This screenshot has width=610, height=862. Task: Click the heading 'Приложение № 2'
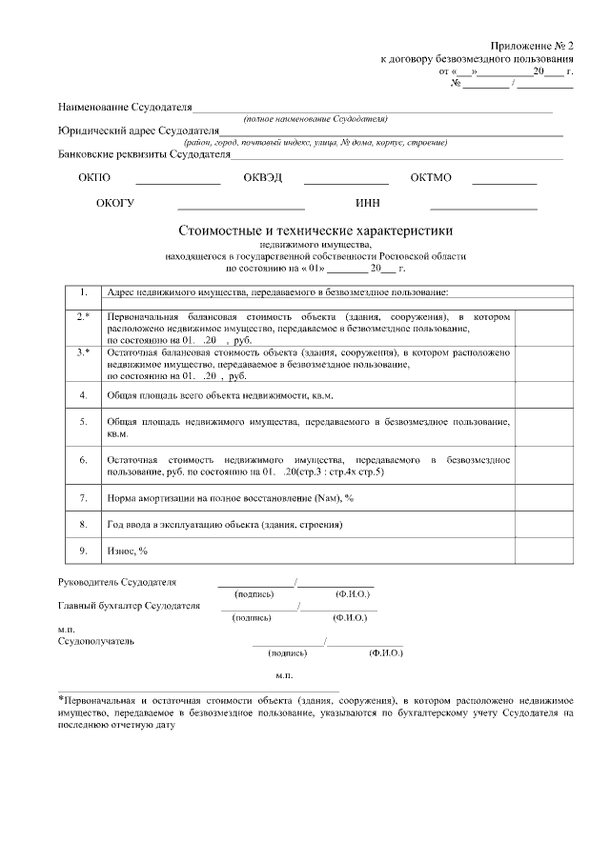[534, 46]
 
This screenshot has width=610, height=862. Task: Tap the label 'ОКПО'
[94, 178]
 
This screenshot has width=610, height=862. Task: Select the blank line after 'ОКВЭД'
[346, 180]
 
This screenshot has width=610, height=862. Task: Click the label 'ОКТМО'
[431, 178]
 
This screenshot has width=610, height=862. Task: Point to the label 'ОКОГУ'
[115, 204]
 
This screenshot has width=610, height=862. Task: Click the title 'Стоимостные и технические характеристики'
[315, 231]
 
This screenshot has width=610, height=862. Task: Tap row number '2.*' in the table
[84, 315]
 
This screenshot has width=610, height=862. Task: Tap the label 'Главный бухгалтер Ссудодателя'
[130, 605]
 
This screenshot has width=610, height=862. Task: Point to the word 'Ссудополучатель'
[96, 641]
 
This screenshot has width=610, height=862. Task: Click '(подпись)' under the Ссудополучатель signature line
[288, 653]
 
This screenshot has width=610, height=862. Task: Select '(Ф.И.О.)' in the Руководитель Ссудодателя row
[352, 592]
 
